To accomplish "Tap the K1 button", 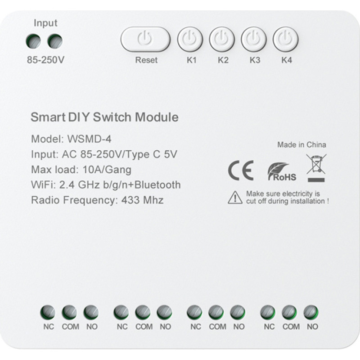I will click(190, 40).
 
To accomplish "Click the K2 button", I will click(222, 40).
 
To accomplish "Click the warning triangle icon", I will click(235, 197).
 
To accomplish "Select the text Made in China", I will click(301, 145).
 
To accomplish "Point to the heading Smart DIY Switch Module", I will click(104, 117).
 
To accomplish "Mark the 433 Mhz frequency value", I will click(142, 200).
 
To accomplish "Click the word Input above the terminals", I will click(45, 23).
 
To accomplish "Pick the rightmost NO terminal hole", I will click(311, 312).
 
